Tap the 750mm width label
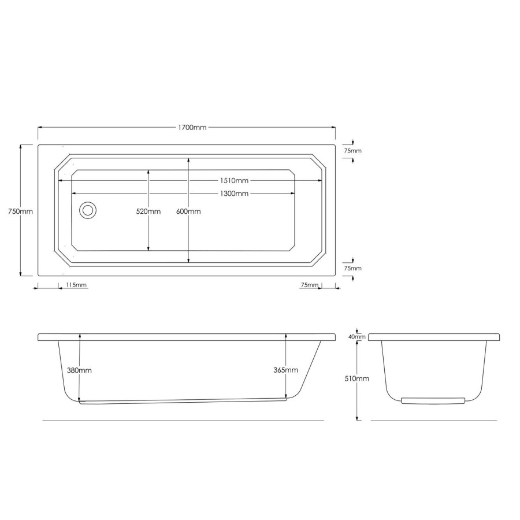coord(20,211)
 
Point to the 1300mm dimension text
coord(233,194)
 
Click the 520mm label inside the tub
coord(148,211)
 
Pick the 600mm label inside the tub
coord(188,211)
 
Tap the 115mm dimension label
coord(76,285)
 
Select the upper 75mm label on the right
coord(352,151)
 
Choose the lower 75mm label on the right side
coord(352,269)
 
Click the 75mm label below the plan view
coord(309,285)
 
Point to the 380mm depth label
coord(80,370)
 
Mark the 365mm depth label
coord(286,370)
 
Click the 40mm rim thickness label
coord(356,336)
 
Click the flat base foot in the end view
coord(432,400)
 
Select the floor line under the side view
coord(184,421)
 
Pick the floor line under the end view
coord(433,421)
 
